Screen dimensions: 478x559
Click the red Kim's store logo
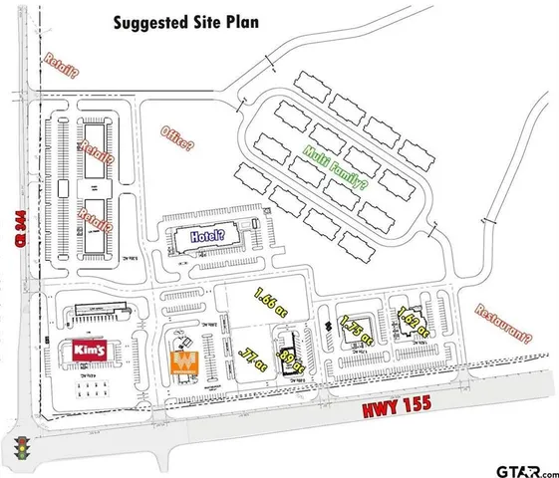tap(90, 352)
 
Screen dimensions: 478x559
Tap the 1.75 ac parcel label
tap(355, 330)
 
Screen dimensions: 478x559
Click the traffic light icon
tap(19, 447)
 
